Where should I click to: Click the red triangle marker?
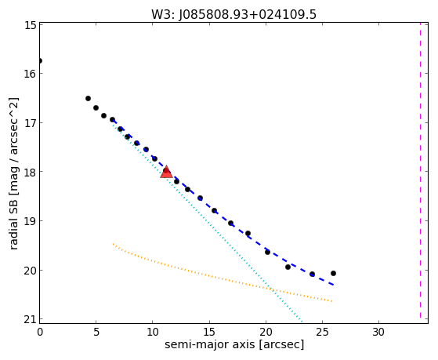click(x=166, y=173)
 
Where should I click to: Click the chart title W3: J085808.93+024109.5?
click(x=233, y=14)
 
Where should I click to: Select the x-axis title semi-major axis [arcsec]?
click(x=234, y=344)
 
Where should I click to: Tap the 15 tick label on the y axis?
click(x=31, y=25)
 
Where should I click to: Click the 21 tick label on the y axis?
click(x=31, y=319)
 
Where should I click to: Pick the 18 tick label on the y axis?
click(x=31, y=172)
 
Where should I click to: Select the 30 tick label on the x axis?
click(x=378, y=333)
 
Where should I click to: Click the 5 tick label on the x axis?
click(x=96, y=333)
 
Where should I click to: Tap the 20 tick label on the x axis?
click(x=266, y=333)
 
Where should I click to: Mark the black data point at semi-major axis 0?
click(x=40, y=60)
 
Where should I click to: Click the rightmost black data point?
click(x=333, y=273)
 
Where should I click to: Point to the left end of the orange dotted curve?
click(x=113, y=244)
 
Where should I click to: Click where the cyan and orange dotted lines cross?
click(x=271, y=289)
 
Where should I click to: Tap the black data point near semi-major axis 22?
click(x=288, y=267)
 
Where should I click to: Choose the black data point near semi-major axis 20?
click(x=268, y=252)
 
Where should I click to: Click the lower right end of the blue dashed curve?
click(x=333, y=285)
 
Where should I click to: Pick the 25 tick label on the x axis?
click(x=322, y=333)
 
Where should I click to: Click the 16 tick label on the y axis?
click(x=31, y=74)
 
